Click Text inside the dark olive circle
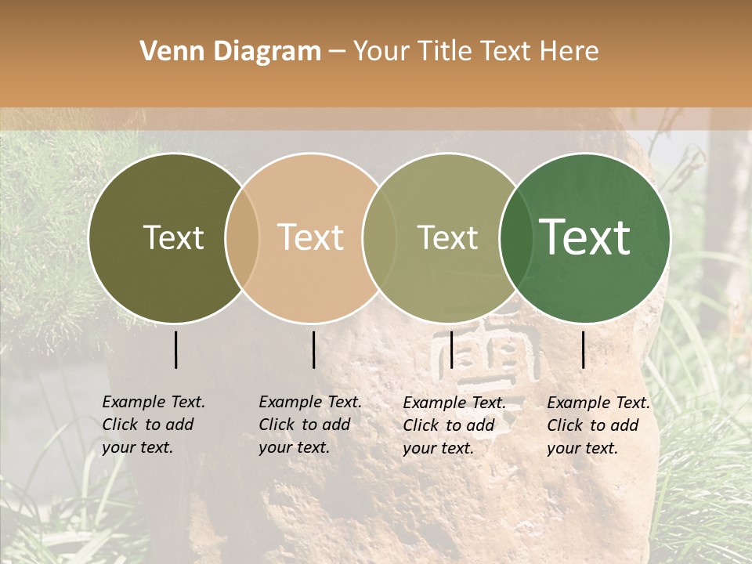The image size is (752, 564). pos(173,237)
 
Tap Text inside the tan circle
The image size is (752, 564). pos(311,237)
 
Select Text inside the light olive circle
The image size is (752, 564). pos(448,237)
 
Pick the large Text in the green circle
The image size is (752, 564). pos(585,237)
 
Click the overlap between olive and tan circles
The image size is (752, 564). pos(242,237)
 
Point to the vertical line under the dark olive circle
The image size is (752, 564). pos(175,349)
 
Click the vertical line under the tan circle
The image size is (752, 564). pos(313,349)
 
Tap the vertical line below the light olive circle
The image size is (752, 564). pos(451,349)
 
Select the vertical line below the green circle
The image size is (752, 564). pos(584,349)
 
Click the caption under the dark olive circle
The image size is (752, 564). pos(153,425)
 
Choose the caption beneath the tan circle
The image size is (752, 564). pos(309,425)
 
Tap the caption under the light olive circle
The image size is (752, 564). pos(454,425)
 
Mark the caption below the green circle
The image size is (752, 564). pos(598,425)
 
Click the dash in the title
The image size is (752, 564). pos(336,52)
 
